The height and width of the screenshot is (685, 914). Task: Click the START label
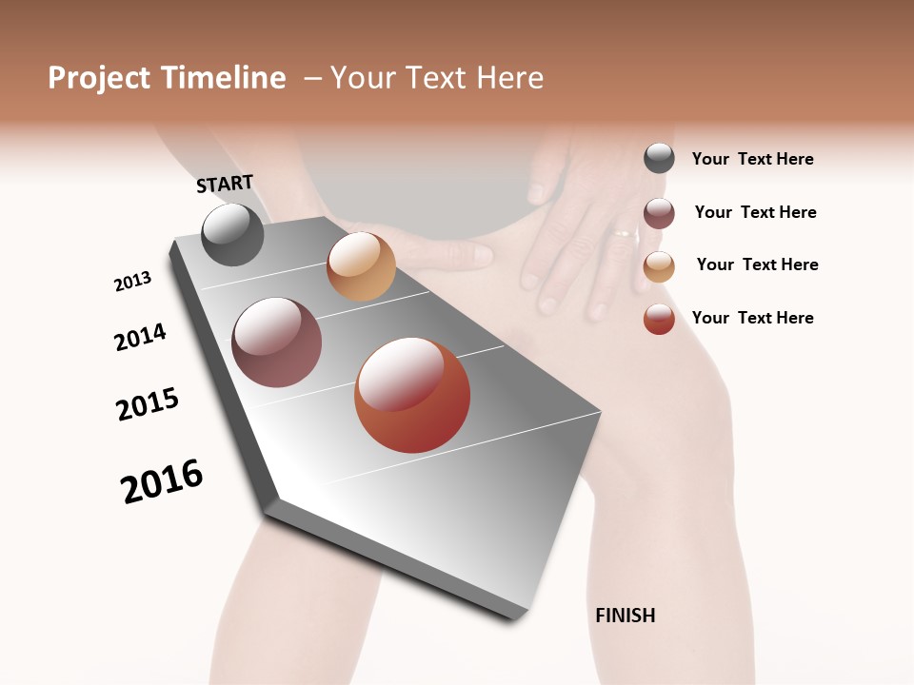click(x=225, y=184)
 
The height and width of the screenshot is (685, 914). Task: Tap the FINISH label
click(x=625, y=616)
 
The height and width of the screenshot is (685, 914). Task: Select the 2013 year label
click(x=132, y=282)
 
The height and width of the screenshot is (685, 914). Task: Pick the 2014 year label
click(x=140, y=337)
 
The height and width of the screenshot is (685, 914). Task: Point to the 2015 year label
click(x=148, y=404)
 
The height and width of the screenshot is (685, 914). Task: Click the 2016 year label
click(x=162, y=481)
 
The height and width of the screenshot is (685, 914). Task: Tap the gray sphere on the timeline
click(x=233, y=234)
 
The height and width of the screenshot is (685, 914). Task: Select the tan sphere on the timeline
click(x=361, y=266)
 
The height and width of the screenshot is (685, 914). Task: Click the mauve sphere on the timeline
click(x=277, y=342)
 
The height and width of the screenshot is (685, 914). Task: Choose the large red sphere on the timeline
click(x=412, y=395)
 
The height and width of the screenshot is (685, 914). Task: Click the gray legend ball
click(x=659, y=158)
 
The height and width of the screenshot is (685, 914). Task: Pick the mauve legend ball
click(x=659, y=213)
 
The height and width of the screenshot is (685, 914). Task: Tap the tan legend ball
click(x=659, y=266)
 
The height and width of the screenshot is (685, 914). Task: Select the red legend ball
click(x=659, y=319)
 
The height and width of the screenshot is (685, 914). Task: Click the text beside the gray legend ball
click(x=752, y=159)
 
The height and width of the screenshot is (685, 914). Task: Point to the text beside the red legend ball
click(x=752, y=318)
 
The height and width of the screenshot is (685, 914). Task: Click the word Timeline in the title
click(x=223, y=78)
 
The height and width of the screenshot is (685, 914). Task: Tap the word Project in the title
click(x=100, y=78)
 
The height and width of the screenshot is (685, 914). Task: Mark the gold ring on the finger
click(x=625, y=232)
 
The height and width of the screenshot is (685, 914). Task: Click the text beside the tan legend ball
click(x=757, y=264)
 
